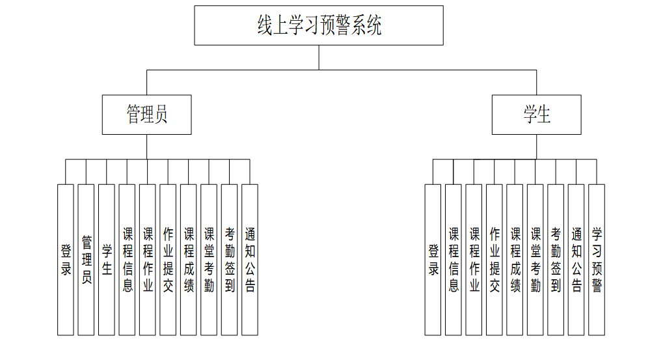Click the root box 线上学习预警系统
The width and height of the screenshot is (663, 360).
(319, 25)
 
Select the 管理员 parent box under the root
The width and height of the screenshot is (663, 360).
(146, 115)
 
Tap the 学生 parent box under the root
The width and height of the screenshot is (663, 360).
(536, 115)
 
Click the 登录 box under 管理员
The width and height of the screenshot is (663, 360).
(66, 260)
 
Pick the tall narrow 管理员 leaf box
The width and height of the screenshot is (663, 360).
(86, 260)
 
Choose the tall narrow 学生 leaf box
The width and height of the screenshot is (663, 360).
(107, 260)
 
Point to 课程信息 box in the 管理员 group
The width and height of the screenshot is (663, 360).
(127, 260)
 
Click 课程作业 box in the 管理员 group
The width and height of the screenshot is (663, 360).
(148, 260)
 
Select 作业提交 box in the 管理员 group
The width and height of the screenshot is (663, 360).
(168, 260)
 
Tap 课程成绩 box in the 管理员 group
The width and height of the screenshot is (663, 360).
(189, 260)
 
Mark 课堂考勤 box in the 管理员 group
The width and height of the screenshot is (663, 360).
(209, 260)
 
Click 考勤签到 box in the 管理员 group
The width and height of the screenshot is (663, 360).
(230, 260)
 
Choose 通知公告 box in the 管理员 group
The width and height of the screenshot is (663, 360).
(250, 260)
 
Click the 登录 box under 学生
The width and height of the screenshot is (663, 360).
(433, 260)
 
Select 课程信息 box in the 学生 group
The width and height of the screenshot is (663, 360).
(453, 260)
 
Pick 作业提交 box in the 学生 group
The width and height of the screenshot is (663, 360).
(494, 260)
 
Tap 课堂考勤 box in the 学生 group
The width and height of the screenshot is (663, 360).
(535, 260)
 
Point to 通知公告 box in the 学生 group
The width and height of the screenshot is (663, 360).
(576, 260)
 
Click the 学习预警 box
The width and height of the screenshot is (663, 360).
(597, 260)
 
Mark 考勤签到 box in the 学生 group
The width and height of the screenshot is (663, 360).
(556, 260)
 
